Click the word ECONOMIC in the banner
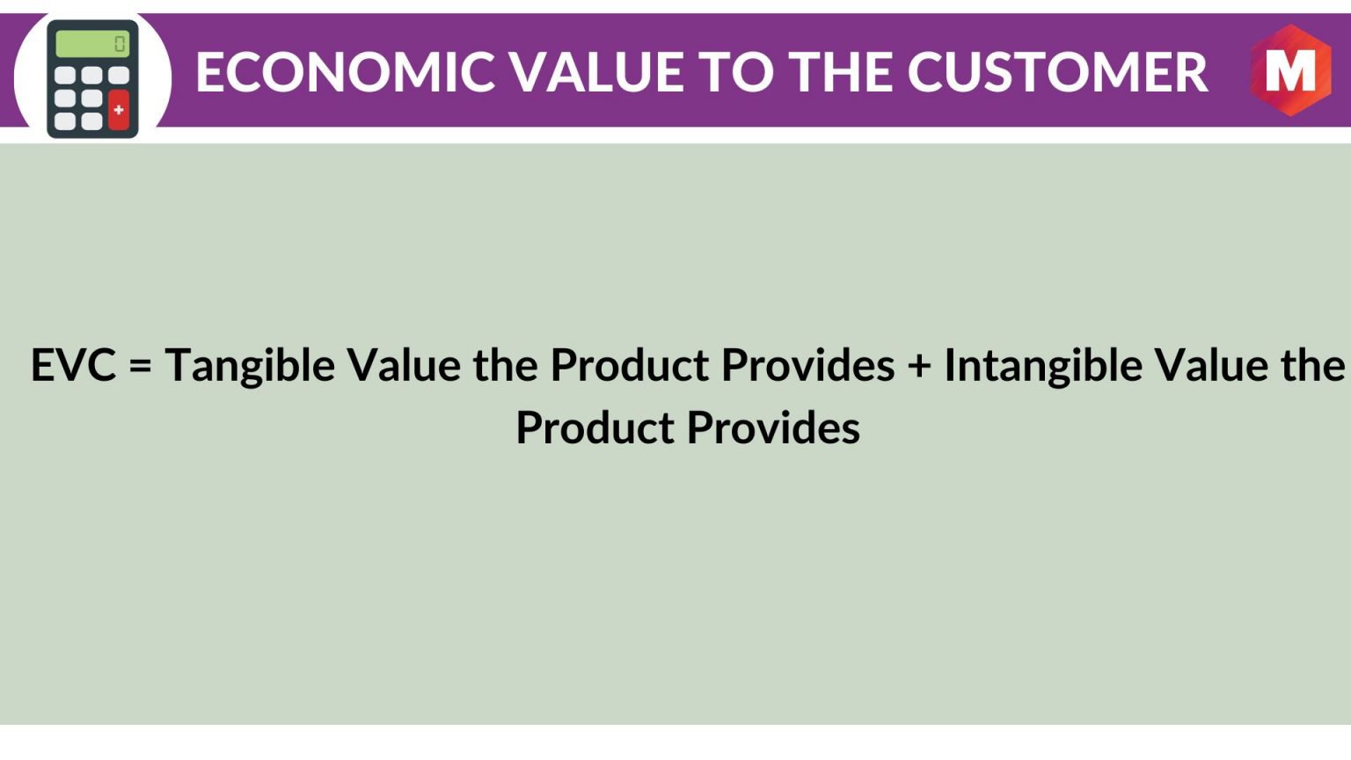346,72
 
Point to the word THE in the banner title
840,72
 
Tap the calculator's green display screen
92,44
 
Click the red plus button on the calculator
119,110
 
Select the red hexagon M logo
1290,70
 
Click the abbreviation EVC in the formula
73,365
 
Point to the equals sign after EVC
140,366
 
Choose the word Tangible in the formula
251,366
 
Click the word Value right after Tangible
405,365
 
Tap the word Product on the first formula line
630,365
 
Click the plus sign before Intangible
919,366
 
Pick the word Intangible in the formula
1043,366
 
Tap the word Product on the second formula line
595,427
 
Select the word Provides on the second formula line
774,427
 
